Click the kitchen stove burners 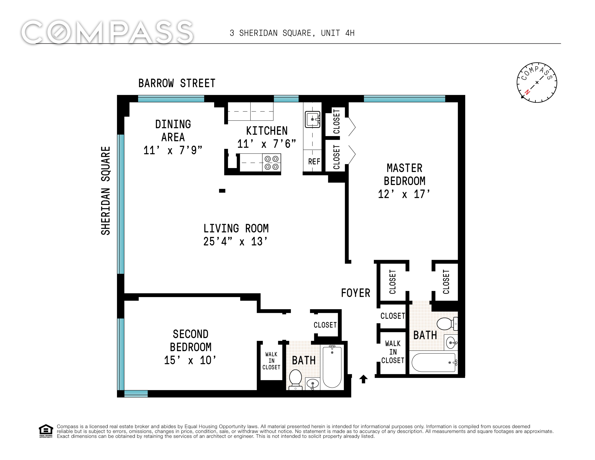point(272,162)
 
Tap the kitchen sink point(312,119)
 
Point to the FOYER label point(356,293)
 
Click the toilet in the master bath point(447,324)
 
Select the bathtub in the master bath point(434,362)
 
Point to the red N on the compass point(527,92)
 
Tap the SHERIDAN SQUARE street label point(106,190)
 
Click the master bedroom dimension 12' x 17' point(404,194)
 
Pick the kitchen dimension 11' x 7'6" point(267,144)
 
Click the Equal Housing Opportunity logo point(46,431)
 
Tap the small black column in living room point(222,191)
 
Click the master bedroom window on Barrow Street point(404,99)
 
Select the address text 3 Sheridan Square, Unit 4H point(292,33)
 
